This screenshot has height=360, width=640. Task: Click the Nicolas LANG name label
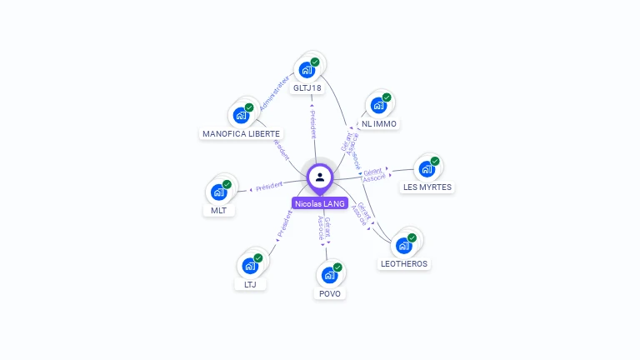click(x=320, y=203)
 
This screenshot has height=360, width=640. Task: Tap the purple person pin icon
click(x=320, y=177)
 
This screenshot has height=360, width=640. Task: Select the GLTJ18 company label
click(x=307, y=87)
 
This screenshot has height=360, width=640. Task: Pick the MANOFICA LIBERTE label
click(x=242, y=133)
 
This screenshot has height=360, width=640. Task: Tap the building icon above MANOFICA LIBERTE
click(x=241, y=115)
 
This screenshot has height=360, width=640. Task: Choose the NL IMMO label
click(x=379, y=124)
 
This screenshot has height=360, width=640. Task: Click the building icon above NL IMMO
click(x=379, y=106)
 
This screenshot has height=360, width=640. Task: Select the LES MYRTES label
click(x=427, y=187)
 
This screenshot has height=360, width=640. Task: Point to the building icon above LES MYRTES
click(x=427, y=169)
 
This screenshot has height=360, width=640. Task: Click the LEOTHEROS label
click(x=403, y=263)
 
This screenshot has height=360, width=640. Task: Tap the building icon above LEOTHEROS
click(x=404, y=246)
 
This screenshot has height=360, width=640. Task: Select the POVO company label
click(x=329, y=293)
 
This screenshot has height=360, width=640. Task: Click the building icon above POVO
click(x=329, y=275)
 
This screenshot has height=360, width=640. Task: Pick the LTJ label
click(x=250, y=284)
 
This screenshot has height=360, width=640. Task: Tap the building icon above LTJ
click(x=250, y=266)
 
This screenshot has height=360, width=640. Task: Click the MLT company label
click(x=219, y=210)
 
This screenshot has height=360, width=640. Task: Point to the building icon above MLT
click(x=219, y=192)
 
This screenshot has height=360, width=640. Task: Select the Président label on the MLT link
click(x=269, y=186)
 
